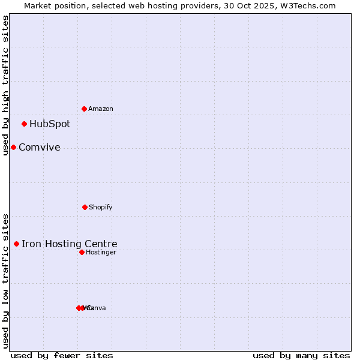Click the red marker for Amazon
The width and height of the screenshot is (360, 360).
click(x=84, y=109)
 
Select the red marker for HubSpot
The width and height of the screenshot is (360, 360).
click(x=24, y=124)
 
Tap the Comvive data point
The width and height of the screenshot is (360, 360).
click(x=13, y=147)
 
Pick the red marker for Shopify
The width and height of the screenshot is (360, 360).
click(x=85, y=207)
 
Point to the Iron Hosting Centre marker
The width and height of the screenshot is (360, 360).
click(x=16, y=244)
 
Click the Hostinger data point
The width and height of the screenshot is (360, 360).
click(x=82, y=252)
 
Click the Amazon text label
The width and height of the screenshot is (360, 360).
click(x=101, y=109)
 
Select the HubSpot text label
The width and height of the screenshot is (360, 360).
click(x=50, y=124)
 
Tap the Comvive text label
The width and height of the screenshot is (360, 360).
click(x=40, y=148)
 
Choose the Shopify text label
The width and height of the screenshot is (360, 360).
click(x=101, y=207)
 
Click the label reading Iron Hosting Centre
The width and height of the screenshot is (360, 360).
click(x=70, y=244)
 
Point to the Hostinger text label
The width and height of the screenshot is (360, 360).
click(x=101, y=252)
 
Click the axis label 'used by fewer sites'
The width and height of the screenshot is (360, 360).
click(x=62, y=355)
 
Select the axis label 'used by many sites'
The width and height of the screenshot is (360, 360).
click(x=301, y=355)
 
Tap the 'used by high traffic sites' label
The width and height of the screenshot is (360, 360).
click(x=5, y=85)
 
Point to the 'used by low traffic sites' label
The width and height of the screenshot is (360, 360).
click(x=5, y=281)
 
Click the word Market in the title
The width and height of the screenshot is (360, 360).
click(x=37, y=5)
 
